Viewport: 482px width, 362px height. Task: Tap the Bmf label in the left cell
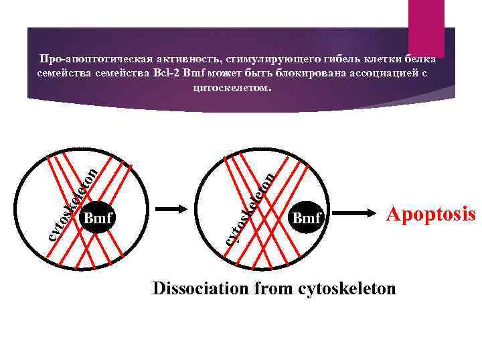[97, 217]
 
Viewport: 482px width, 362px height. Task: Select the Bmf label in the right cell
[307, 217]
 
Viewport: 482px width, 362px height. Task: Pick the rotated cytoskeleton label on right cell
[249, 207]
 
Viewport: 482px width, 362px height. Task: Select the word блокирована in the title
[309, 72]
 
